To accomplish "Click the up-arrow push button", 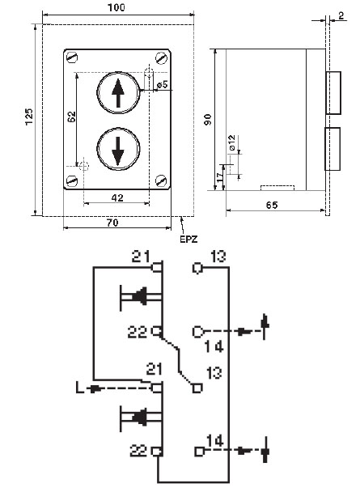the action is [118, 93].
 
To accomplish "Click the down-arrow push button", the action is [118, 149].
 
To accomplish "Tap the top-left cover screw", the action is [72, 57].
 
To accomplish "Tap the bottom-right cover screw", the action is [161, 180].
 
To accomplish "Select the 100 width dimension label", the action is [116, 7].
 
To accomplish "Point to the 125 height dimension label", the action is [29, 117].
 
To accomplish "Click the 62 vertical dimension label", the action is [71, 117].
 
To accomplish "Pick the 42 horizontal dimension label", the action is [117, 197].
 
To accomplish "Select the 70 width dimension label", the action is [112, 223].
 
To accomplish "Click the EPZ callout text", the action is [188, 240].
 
